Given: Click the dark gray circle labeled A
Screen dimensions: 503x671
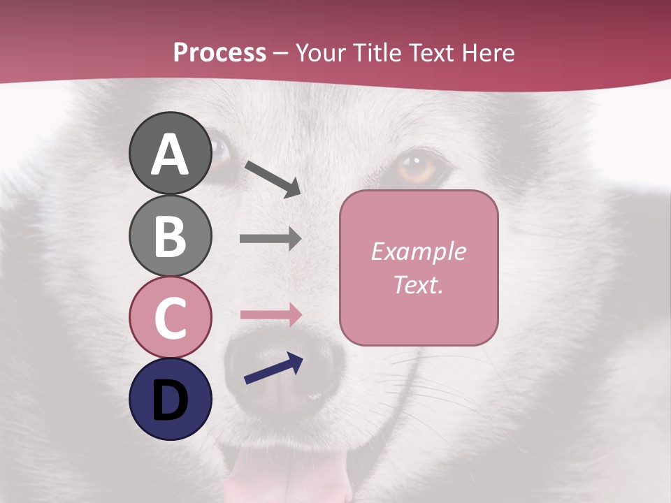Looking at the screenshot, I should click(170, 154).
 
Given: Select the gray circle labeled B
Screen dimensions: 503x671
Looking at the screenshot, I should click(170, 235).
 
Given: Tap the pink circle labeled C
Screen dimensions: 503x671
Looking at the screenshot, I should click(170, 317).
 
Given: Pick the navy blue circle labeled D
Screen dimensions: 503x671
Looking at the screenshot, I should click(170, 399).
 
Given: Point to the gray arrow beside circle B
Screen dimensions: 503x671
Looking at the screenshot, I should click(270, 239).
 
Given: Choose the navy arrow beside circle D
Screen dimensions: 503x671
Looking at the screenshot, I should click(273, 370).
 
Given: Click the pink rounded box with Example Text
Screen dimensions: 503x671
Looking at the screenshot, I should click(419, 268).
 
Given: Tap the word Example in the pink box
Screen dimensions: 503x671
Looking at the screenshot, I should click(419, 251).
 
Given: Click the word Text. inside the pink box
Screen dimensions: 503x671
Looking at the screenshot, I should click(419, 284).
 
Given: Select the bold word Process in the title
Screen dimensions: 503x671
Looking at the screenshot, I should click(219, 52).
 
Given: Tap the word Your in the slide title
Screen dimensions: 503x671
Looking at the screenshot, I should click(321, 52).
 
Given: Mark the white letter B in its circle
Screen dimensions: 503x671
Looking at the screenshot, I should click(170, 235).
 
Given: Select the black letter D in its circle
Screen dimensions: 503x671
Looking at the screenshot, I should click(170, 400).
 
